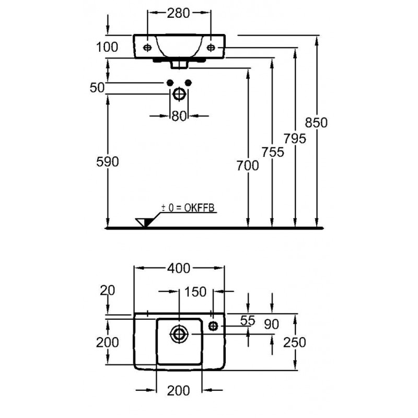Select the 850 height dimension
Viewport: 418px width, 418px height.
pyautogui.click(x=317, y=123)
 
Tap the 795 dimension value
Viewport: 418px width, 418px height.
pyautogui.click(x=294, y=138)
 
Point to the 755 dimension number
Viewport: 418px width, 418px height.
pyautogui.click(x=272, y=152)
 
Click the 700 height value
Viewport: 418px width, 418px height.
pyautogui.click(x=248, y=166)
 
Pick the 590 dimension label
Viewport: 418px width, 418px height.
pyautogui.click(x=108, y=162)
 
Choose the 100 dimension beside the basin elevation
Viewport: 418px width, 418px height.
pyautogui.click(x=107, y=47)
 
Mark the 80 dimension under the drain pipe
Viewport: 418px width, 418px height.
pyautogui.click(x=179, y=116)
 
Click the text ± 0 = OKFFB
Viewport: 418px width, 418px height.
pyautogui.click(x=188, y=208)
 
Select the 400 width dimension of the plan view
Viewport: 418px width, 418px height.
pyautogui.click(x=179, y=269)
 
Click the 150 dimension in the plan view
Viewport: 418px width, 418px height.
pyautogui.click(x=195, y=292)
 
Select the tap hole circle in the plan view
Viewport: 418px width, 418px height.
pyautogui.click(x=213, y=326)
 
